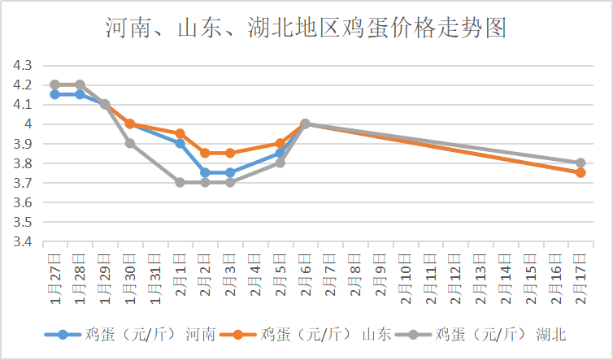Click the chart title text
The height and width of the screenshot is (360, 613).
click(x=306, y=28)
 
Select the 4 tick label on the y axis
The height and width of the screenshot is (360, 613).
click(x=28, y=124)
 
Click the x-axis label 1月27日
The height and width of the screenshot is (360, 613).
click(x=55, y=275)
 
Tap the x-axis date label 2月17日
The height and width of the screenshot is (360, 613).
click(x=580, y=275)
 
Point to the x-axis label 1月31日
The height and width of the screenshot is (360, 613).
click(x=155, y=275)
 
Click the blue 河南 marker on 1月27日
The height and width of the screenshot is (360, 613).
click(x=54, y=94)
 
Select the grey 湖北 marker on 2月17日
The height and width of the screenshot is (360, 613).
click(x=580, y=163)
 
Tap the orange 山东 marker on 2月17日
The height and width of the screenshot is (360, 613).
click(x=580, y=172)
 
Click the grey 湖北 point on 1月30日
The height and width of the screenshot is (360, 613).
click(x=130, y=143)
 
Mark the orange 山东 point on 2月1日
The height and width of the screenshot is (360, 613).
click(x=180, y=133)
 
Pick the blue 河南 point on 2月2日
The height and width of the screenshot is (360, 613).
click(x=205, y=172)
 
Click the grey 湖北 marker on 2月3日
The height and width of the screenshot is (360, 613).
click(x=230, y=182)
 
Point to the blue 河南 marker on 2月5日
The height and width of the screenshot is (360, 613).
click(x=280, y=153)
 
